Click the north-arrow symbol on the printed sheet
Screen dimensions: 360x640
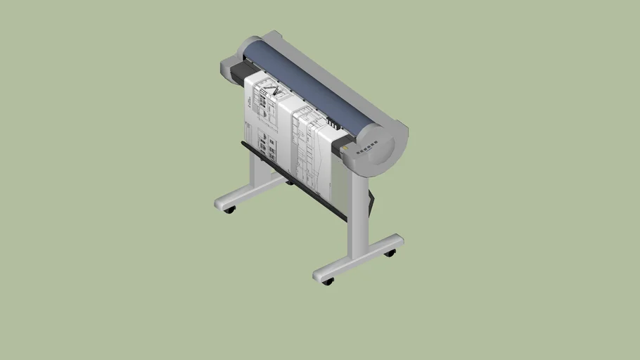point(276,91)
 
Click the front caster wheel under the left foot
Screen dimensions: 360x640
point(229,210)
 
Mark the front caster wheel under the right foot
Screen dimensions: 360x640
point(327,281)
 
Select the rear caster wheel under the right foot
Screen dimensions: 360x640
point(390,252)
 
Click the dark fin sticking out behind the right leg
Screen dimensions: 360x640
point(371,200)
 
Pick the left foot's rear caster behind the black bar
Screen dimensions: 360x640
point(289,183)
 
